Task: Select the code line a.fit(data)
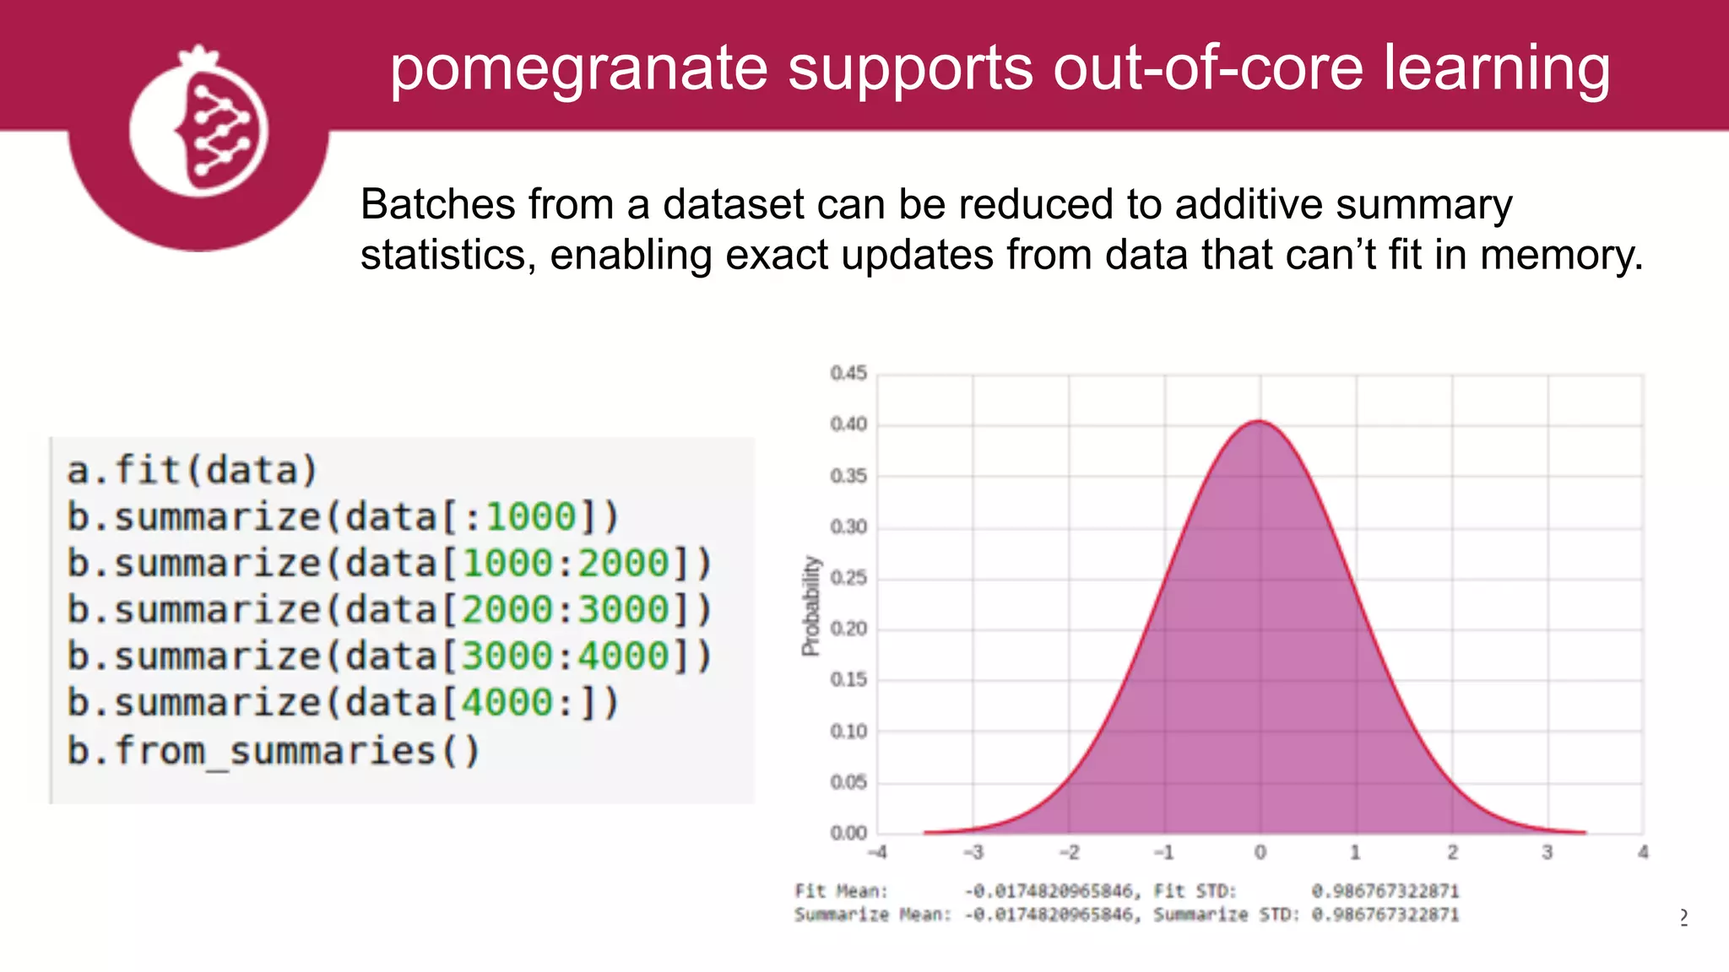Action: coord(192,470)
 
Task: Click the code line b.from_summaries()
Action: coord(274,750)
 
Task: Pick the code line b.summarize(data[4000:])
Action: coord(343,703)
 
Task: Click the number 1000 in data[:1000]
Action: coord(530,516)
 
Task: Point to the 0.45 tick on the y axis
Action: coord(848,373)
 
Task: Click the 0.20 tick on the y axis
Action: coord(848,629)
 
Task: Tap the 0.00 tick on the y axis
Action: coord(848,834)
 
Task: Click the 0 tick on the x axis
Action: coord(1260,852)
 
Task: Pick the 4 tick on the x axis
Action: coord(1643,852)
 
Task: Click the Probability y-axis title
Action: coord(810,605)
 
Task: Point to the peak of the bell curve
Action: coord(1259,421)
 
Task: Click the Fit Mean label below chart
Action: coord(841,891)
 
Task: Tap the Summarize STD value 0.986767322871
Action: coord(1385,915)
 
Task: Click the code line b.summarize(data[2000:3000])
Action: coord(388,610)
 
